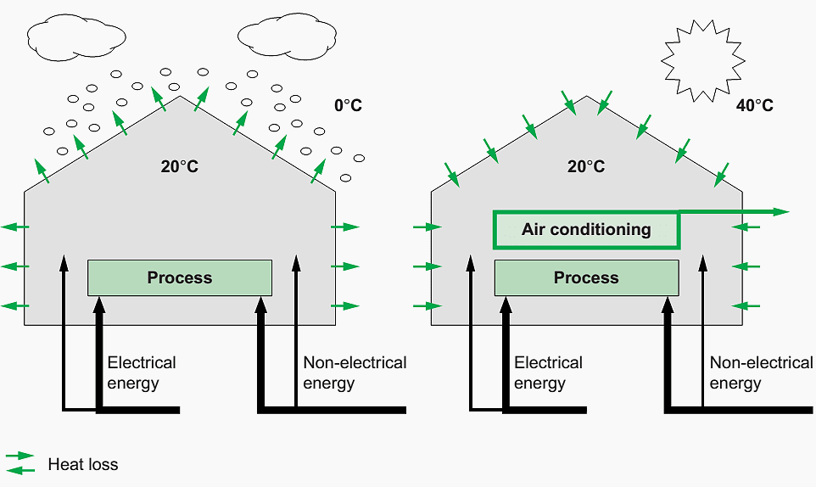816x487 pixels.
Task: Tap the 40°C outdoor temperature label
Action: point(754,106)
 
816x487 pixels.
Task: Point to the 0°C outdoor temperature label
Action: point(348,106)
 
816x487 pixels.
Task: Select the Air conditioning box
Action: point(586,230)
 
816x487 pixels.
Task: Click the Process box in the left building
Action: point(180,277)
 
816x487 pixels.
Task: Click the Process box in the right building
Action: point(586,277)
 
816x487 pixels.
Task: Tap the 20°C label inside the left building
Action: point(179,167)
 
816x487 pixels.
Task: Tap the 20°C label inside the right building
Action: point(586,167)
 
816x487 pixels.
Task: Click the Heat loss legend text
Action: point(83,464)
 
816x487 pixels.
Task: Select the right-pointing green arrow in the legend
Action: point(20,456)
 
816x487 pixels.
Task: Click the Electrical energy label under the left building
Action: point(141,372)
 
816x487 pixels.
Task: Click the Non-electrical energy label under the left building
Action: point(355,372)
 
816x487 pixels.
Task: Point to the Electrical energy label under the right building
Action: point(548,372)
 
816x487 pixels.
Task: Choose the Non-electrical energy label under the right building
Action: point(761,372)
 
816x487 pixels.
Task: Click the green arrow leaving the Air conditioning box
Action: point(735,211)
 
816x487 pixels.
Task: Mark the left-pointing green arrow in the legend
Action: point(20,469)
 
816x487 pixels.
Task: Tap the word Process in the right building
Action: point(586,277)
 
